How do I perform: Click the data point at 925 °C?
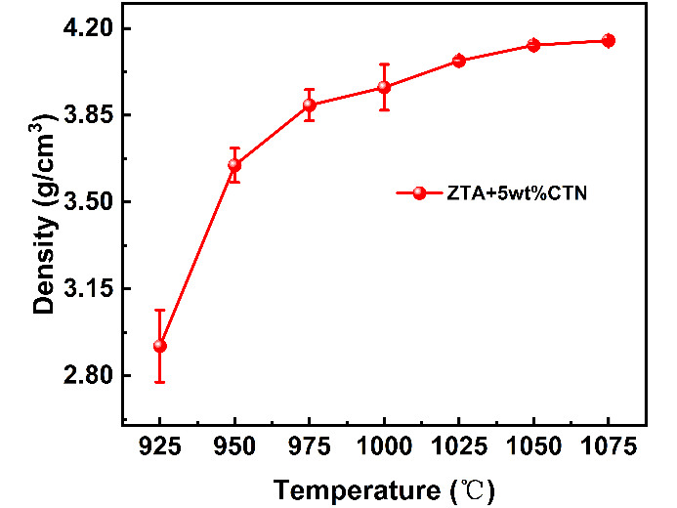tap(160, 346)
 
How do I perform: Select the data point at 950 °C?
tap(234, 165)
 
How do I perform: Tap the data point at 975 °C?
tap(309, 105)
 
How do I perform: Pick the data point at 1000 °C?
tap(384, 87)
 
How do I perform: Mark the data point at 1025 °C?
tap(458, 61)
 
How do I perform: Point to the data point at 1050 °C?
tap(533, 45)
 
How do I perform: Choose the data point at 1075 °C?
tap(608, 40)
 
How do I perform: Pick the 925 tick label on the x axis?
tap(160, 447)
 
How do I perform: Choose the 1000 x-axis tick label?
tap(384, 447)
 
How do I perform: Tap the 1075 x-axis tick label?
tap(608, 447)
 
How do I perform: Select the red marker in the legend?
tap(420, 193)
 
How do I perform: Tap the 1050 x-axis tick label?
tap(533, 447)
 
